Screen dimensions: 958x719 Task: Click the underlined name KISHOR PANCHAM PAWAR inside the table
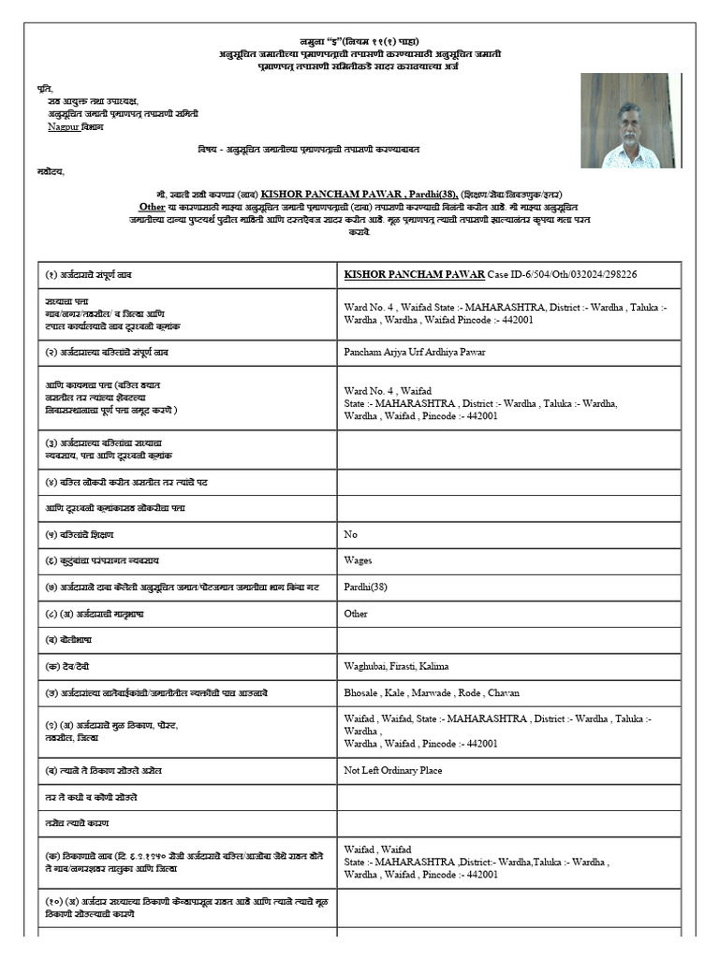click(x=414, y=274)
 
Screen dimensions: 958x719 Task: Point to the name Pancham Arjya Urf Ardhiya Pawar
click(x=415, y=352)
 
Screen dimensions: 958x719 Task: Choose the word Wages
click(x=358, y=560)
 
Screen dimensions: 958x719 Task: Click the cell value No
click(x=351, y=533)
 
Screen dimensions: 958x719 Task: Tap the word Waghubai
click(x=366, y=666)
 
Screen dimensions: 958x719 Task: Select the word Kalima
click(x=431, y=666)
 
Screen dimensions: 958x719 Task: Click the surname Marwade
click(x=451, y=693)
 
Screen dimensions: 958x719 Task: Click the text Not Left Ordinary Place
click(x=393, y=770)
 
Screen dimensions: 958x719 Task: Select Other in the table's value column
click(x=356, y=614)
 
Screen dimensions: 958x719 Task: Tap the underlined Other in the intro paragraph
click(x=152, y=206)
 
